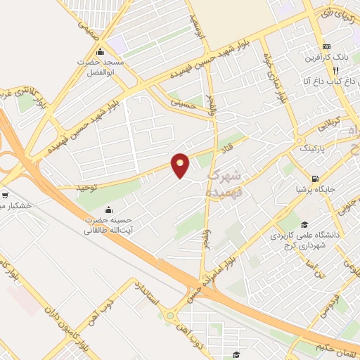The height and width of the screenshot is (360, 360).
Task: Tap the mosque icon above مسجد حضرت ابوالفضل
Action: click(100, 52)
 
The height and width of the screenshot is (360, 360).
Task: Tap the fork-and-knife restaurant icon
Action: click(336, 70)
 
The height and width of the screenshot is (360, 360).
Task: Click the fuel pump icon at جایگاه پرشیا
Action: click(315, 177)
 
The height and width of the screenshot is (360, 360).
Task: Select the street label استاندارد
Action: click(150, 296)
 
